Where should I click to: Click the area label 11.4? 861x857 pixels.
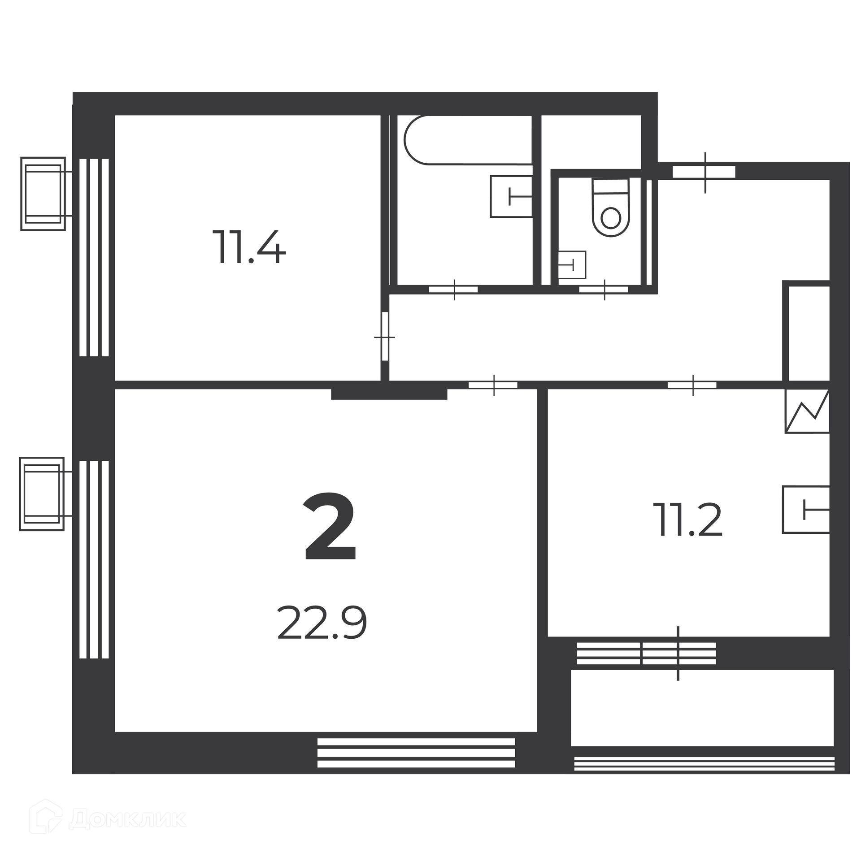pyautogui.click(x=249, y=247)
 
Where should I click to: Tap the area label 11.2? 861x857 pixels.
pyautogui.click(x=688, y=519)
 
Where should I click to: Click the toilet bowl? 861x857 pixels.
pyautogui.click(x=611, y=208)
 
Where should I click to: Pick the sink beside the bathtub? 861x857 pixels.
pyautogui.click(x=511, y=196)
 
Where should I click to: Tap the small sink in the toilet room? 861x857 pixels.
pyautogui.click(x=572, y=264)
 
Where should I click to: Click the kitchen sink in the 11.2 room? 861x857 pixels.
pyautogui.click(x=806, y=510)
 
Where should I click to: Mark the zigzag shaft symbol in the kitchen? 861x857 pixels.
pyautogui.click(x=807, y=411)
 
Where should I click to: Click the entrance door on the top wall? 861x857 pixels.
pyautogui.click(x=704, y=173)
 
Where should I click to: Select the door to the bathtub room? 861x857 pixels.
pyautogui.click(x=453, y=290)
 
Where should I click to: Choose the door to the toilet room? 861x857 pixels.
pyautogui.click(x=604, y=290)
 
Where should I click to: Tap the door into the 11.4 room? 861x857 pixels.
pyautogui.click(x=385, y=336)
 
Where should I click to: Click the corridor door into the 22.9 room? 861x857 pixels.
pyautogui.click(x=493, y=385)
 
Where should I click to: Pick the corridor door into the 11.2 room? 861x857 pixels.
pyautogui.click(x=692, y=385)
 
